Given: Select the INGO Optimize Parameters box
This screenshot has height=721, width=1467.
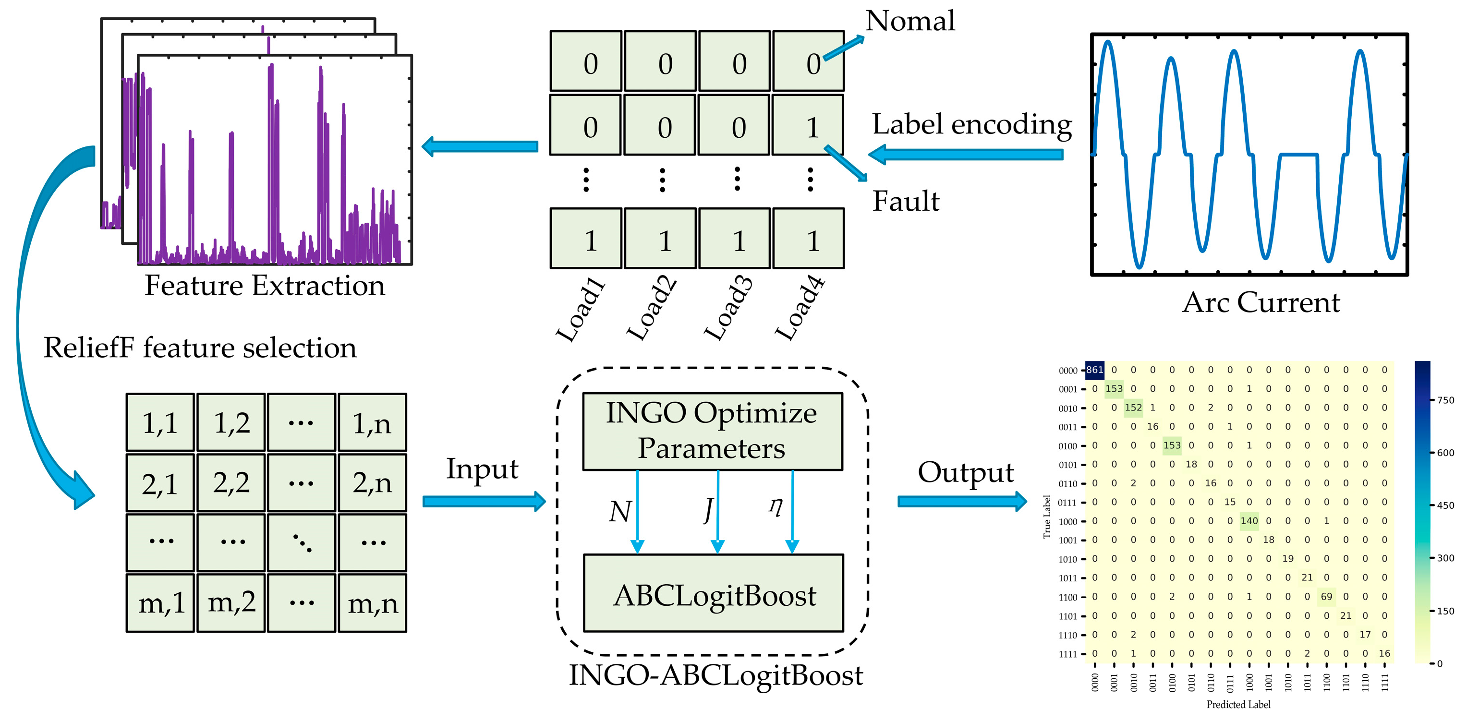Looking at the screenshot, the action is (x=712, y=431).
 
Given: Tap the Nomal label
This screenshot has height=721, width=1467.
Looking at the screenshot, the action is (x=909, y=22).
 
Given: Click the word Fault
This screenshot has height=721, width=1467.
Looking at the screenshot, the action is (x=906, y=202).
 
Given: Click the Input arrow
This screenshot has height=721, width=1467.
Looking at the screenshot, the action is (x=484, y=501).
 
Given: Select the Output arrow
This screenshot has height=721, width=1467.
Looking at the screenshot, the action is (x=962, y=501).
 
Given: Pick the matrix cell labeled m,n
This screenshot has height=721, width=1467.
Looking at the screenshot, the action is (x=373, y=603).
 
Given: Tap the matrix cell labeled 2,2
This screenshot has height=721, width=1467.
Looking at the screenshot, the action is (x=231, y=483).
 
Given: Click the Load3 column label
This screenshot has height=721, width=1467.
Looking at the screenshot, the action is (x=729, y=308).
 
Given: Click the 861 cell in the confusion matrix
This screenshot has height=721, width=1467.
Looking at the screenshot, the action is (x=1094, y=370).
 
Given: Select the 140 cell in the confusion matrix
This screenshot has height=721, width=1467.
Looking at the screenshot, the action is (x=1249, y=520).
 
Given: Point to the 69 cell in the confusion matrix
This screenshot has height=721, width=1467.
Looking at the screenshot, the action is (x=1326, y=596).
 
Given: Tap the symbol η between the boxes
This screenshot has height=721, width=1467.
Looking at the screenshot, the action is (x=775, y=506).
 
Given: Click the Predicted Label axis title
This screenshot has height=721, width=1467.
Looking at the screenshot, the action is (x=1238, y=705).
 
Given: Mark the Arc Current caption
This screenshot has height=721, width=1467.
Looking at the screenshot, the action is (x=1261, y=302).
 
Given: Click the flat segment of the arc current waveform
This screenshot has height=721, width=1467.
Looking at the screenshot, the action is (x=1298, y=155).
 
